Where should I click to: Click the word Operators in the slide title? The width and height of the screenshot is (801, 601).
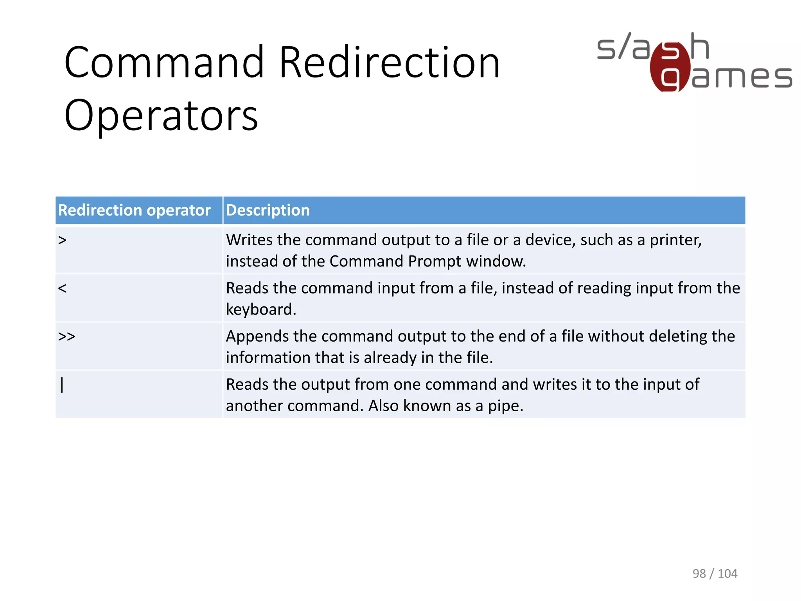pyautogui.click(x=161, y=115)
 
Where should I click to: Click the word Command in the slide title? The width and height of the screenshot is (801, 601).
pyautogui.click(x=164, y=62)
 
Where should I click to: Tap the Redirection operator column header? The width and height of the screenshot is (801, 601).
pyautogui.click(x=134, y=210)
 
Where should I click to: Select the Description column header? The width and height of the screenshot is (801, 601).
pyautogui.click(x=268, y=210)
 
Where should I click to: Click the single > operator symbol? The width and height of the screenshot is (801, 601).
pyautogui.click(x=62, y=240)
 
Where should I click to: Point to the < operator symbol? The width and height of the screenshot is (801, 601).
pyautogui.click(x=62, y=288)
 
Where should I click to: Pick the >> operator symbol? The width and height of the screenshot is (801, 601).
pyautogui.click(x=66, y=336)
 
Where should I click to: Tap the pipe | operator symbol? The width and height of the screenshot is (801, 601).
pyautogui.click(x=62, y=385)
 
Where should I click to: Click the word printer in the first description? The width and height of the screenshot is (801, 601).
pyautogui.click(x=675, y=240)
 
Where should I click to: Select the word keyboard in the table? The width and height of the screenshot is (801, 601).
pyautogui.click(x=261, y=309)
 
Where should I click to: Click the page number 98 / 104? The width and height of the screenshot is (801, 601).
pyautogui.click(x=715, y=573)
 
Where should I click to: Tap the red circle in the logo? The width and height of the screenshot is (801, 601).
pyautogui.click(x=670, y=67)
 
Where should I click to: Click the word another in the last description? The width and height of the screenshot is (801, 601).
pyautogui.click(x=254, y=406)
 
